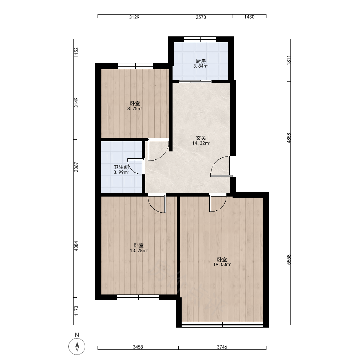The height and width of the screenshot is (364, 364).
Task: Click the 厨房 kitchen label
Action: pos(201,61)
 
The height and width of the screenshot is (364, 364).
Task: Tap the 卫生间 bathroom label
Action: pos(121,167)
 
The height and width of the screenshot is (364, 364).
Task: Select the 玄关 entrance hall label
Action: pos(201,138)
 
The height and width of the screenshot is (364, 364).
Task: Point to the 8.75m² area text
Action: pos(135,108)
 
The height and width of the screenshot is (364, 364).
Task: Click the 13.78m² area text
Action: pos(139,250)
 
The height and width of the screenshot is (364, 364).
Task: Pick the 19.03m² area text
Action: pos(222,264)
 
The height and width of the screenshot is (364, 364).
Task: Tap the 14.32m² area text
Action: pos(201,143)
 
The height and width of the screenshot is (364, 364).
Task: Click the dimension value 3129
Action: pos(134,17)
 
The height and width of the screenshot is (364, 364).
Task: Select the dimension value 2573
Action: pos(201,17)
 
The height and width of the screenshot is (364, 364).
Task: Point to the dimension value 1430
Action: pos(249,17)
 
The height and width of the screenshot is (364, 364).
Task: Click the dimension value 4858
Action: pos(289,138)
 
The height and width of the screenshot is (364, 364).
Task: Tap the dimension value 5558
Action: pos(289,260)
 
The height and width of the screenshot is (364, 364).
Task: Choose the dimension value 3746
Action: pos(222,347)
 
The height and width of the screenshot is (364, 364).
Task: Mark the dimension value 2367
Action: pos(76,167)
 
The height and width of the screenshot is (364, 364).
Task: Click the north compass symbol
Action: pos(77,347)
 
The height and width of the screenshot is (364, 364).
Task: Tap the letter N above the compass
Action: pos(77,335)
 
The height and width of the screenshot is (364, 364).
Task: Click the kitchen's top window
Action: pos(200,39)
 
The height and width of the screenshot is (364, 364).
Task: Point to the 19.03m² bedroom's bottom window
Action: pos(222,325)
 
